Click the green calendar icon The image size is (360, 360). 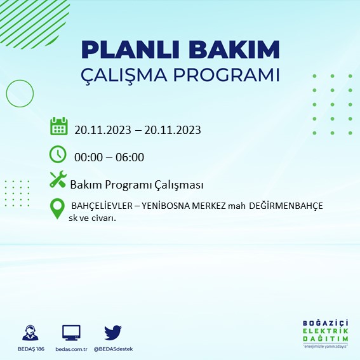(58, 127)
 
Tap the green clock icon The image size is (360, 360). (57, 154)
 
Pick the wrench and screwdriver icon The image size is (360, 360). (58, 181)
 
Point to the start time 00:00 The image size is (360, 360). (88, 157)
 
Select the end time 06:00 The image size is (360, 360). (131, 157)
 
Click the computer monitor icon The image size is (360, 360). (70, 333)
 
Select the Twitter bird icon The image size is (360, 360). (112, 332)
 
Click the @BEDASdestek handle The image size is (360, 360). (113, 349)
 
